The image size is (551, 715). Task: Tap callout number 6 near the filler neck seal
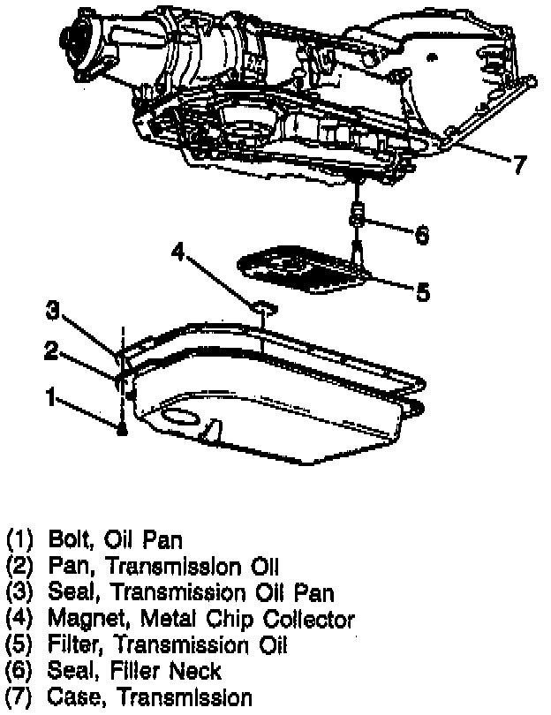[x=422, y=234]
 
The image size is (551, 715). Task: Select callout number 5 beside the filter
[x=423, y=291]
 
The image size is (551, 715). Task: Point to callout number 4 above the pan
[x=179, y=254]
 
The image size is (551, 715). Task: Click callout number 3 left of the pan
[x=53, y=311]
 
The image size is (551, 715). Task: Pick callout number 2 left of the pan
[x=53, y=350]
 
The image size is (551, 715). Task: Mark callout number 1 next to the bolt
[x=53, y=398]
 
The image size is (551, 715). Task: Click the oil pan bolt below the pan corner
[x=122, y=430]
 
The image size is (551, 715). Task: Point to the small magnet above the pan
[x=264, y=307]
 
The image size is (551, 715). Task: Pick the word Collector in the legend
[x=305, y=620]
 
